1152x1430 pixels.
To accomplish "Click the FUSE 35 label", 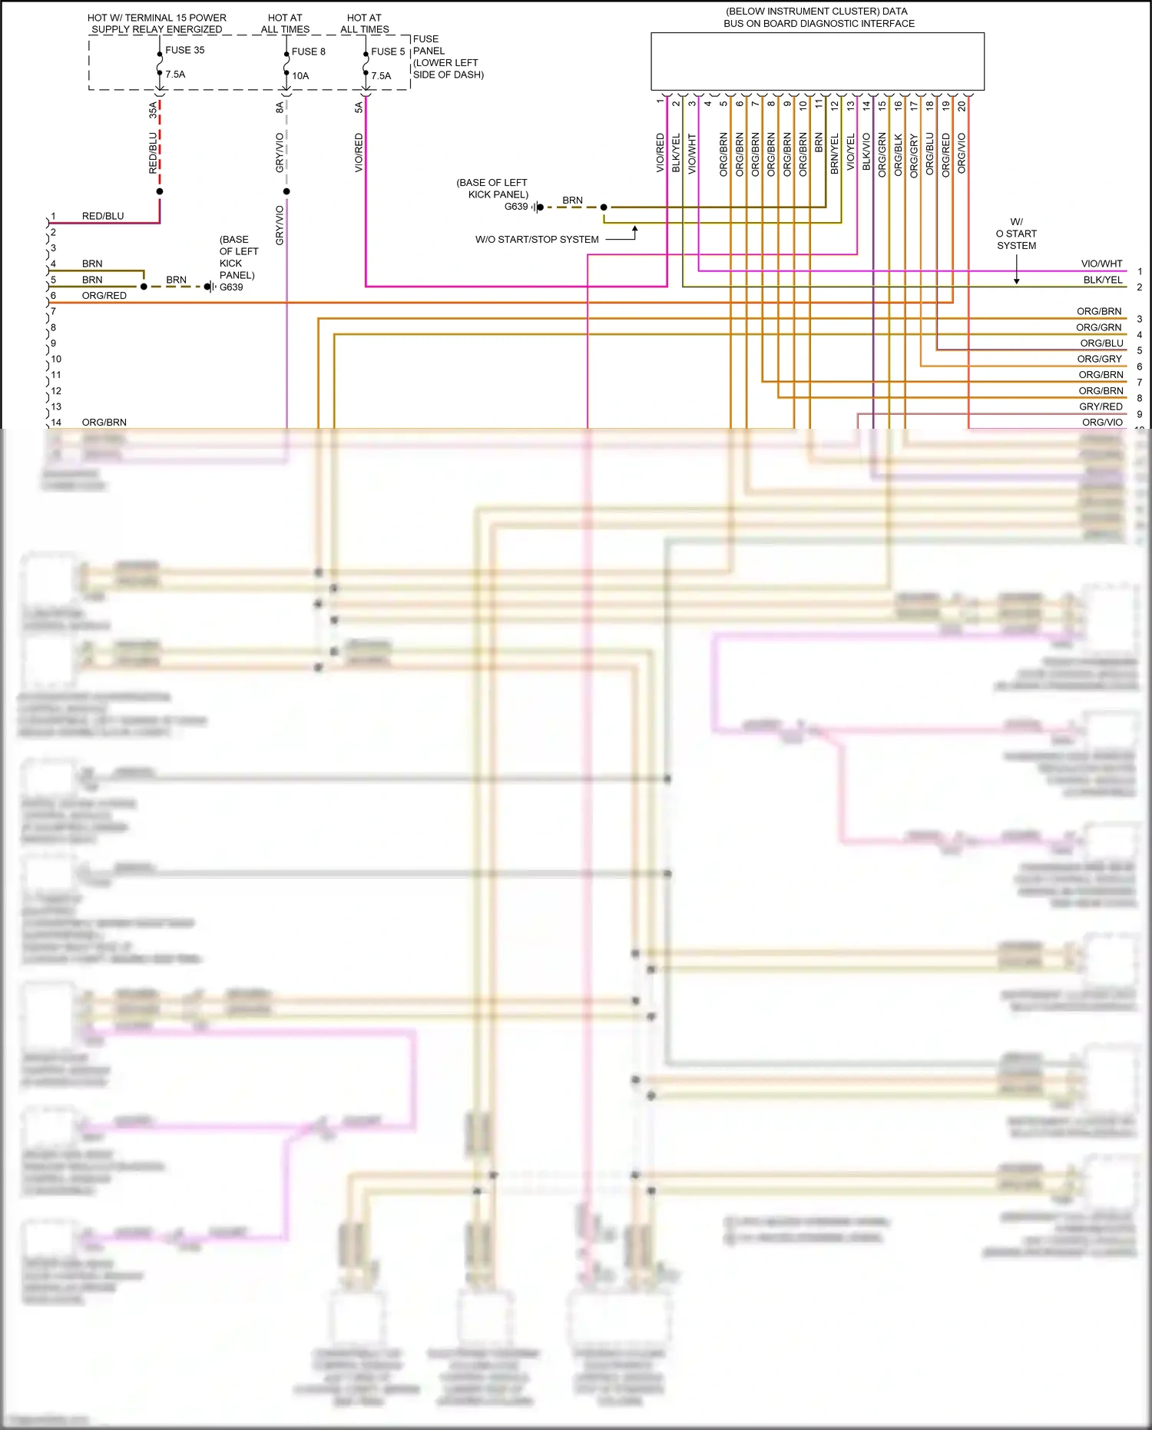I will [184, 50].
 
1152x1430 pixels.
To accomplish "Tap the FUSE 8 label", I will [308, 51].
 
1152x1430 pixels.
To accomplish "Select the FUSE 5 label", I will [388, 51].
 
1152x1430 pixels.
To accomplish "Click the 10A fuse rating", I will [300, 76].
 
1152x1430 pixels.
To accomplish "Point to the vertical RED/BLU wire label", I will [154, 152].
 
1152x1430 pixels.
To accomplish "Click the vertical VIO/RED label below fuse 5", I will [359, 152].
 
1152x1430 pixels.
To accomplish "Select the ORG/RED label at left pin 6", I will [104, 296].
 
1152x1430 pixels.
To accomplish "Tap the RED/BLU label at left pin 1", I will [103, 217].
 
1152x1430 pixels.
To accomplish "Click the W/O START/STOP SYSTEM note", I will [537, 240].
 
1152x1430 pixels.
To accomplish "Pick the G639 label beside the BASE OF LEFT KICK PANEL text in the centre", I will [516, 207].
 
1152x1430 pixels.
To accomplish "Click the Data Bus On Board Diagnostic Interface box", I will [817, 61].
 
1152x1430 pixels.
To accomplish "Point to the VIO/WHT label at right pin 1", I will [1101, 264].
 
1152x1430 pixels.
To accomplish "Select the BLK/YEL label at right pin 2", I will [1102, 280].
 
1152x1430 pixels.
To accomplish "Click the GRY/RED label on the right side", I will [1101, 406].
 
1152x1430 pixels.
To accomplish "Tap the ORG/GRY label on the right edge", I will [1099, 359].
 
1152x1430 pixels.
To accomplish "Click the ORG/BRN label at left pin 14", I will [104, 423].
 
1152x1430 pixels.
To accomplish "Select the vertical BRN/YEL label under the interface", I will [835, 154].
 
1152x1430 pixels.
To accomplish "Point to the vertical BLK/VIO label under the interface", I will [866, 152].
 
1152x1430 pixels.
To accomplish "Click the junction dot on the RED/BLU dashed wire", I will [160, 191].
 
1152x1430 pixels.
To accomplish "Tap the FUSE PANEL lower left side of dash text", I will [448, 57].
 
